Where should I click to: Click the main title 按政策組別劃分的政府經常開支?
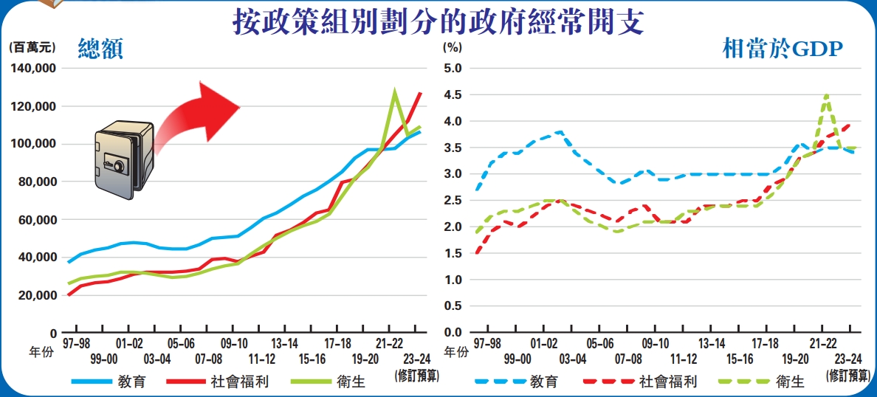tap(438, 22)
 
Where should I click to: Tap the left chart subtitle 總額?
tap(100, 49)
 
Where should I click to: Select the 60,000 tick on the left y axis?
tap(36, 220)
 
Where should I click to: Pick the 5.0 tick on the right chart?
tap(452, 69)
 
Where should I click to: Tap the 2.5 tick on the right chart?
tap(452, 201)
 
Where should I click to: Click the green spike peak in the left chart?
tap(395, 92)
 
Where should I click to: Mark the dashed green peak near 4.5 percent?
tap(826, 95)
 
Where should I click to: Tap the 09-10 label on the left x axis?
tap(234, 344)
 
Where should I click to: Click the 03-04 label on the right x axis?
tap(573, 359)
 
